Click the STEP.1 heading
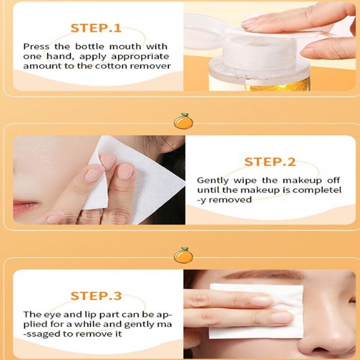point(96,28)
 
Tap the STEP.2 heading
point(270,162)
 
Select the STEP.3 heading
point(96,296)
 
